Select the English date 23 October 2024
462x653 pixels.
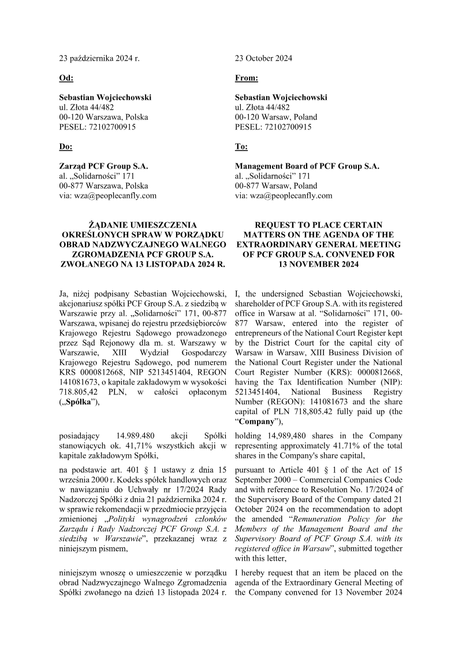coord(263,58)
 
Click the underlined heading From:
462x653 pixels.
coord(247,78)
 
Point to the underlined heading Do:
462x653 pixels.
coord(66,147)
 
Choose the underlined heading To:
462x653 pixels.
coord(241,147)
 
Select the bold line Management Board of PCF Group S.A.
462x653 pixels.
coord(307,166)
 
